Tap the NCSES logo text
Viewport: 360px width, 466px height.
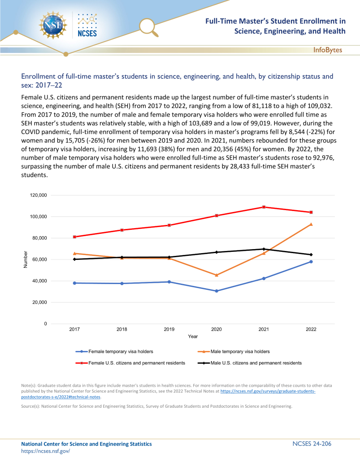click(x=87, y=33)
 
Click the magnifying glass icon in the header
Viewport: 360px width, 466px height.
click(x=148, y=26)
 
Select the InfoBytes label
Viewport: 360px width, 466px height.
click(x=327, y=50)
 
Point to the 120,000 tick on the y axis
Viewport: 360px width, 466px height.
click(x=38, y=195)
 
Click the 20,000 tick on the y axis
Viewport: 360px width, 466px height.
click(x=39, y=302)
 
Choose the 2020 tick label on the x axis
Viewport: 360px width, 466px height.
click(x=217, y=329)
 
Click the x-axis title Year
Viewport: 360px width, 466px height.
click(x=193, y=336)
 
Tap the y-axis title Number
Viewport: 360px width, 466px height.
click(x=26, y=259)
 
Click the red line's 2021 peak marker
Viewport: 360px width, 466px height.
click(x=264, y=207)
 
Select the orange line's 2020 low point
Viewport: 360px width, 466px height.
click(x=217, y=275)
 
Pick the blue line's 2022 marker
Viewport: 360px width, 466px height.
click(x=311, y=262)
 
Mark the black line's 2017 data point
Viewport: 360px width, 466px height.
click(x=74, y=259)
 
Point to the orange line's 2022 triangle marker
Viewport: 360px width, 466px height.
click(x=311, y=224)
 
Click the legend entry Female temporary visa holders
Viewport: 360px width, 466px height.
click(x=121, y=351)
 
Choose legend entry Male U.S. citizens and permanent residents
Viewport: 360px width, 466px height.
click(x=256, y=362)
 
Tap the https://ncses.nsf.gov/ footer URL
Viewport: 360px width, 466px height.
click(x=46, y=451)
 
